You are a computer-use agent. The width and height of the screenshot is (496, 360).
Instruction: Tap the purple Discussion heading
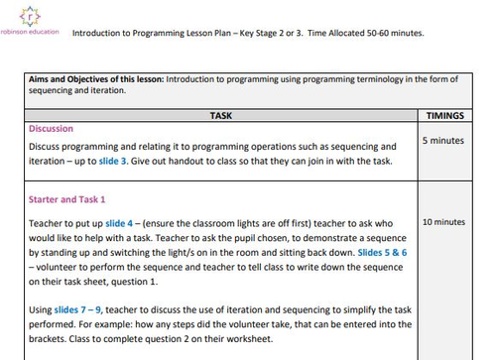click(x=51, y=129)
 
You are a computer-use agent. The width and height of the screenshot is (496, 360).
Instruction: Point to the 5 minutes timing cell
click(x=442, y=141)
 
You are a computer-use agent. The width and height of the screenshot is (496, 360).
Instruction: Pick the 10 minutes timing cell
click(x=442, y=222)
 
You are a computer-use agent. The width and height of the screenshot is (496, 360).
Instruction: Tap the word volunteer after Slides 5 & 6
click(x=61, y=268)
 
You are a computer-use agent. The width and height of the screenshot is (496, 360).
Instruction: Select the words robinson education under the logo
click(x=31, y=32)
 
